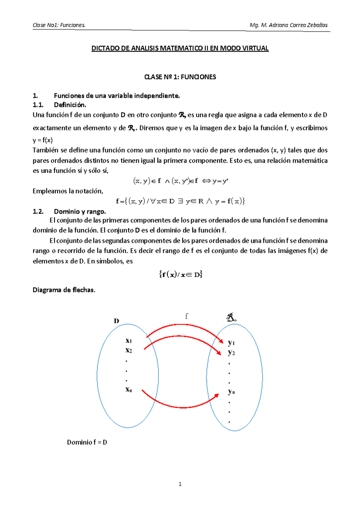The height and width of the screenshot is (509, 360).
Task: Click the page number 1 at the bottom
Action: click(x=180, y=484)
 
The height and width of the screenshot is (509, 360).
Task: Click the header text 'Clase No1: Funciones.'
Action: click(x=59, y=25)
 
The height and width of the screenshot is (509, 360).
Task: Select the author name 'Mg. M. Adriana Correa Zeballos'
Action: click(x=288, y=25)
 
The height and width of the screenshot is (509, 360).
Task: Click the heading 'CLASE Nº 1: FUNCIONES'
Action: click(x=180, y=77)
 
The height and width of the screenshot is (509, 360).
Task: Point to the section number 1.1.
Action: click(x=38, y=105)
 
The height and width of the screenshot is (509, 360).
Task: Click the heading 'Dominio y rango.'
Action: click(x=80, y=212)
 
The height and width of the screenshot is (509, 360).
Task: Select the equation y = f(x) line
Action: click(x=43, y=140)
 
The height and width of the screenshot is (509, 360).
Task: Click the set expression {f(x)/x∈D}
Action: click(x=181, y=274)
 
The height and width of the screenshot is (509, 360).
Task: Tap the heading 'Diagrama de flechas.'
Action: click(x=64, y=290)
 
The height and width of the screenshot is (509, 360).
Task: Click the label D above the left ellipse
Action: click(x=116, y=321)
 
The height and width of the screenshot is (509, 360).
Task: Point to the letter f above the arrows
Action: click(x=186, y=316)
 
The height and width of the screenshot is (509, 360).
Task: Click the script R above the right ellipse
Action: click(x=231, y=317)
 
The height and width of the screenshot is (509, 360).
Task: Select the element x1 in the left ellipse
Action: click(x=129, y=341)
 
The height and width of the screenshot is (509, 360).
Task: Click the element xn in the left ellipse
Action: click(x=129, y=390)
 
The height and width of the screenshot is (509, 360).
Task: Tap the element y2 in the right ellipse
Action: click(x=231, y=353)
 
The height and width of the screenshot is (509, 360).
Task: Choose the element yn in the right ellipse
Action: click(x=231, y=392)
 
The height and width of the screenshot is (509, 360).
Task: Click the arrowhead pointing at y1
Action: click(x=221, y=341)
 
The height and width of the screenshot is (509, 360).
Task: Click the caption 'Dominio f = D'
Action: click(x=87, y=442)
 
